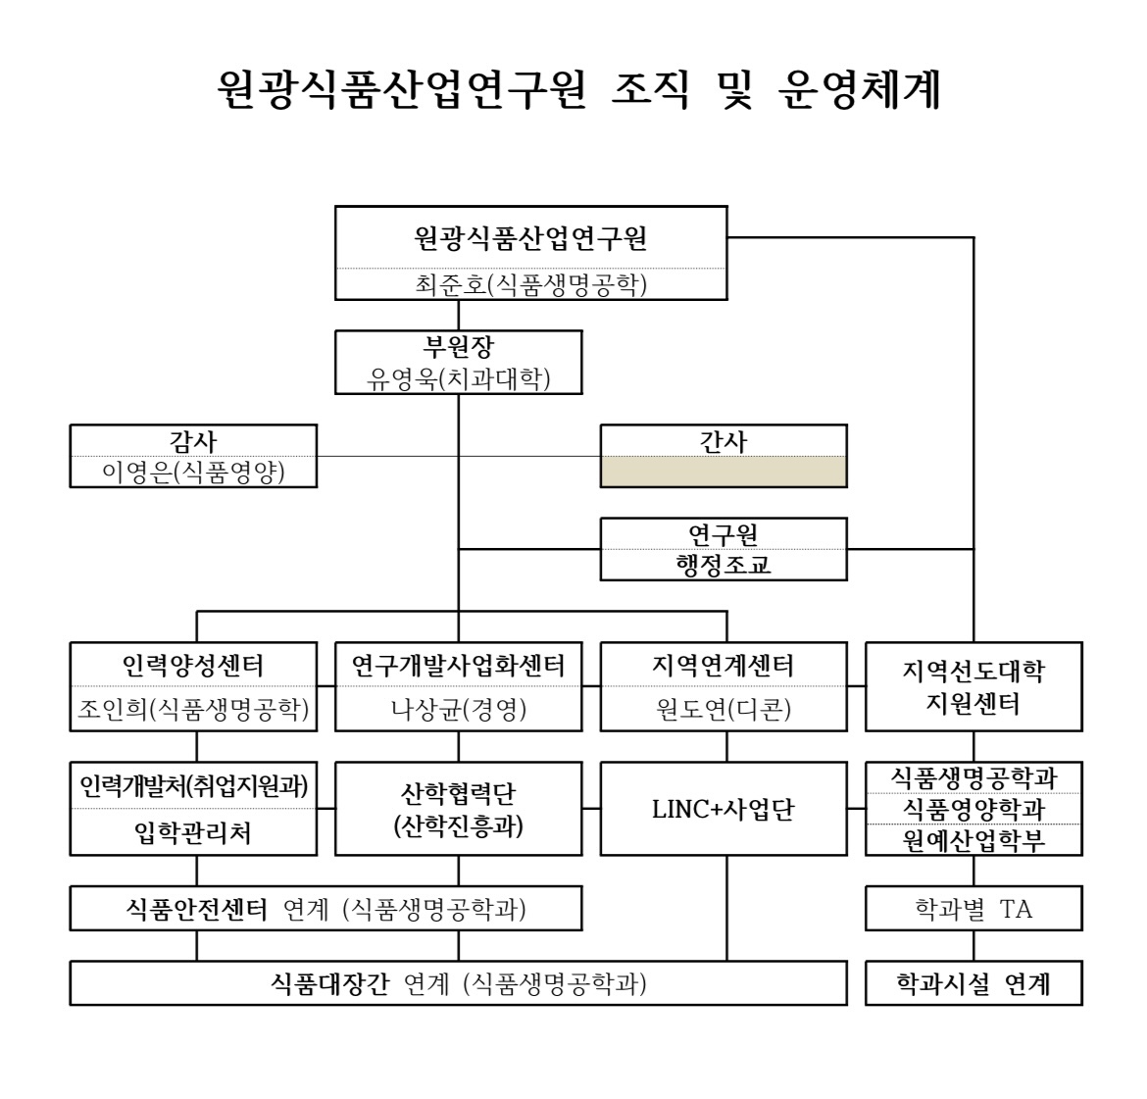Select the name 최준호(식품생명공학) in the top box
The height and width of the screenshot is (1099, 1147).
click(x=531, y=284)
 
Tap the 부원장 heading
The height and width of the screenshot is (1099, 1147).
click(x=459, y=346)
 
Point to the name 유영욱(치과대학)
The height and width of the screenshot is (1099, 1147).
click(x=459, y=378)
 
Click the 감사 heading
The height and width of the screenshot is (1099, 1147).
click(x=193, y=441)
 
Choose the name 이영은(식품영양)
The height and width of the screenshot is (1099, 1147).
click(x=193, y=472)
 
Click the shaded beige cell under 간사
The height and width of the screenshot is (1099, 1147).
click(x=723, y=472)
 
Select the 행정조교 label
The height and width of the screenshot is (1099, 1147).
click(x=723, y=565)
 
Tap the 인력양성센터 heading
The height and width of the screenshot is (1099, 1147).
click(x=193, y=665)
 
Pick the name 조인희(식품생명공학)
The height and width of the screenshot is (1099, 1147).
click(x=193, y=708)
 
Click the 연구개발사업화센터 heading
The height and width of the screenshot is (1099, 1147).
click(x=459, y=665)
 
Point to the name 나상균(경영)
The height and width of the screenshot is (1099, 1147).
click(x=459, y=708)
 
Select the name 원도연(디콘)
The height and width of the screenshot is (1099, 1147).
click(x=723, y=708)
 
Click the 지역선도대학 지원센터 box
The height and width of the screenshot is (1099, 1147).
click(x=973, y=686)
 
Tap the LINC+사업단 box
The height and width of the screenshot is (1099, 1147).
click(x=723, y=809)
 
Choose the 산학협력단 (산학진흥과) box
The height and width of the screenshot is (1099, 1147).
click(x=459, y=809)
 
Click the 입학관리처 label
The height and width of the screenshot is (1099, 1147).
click(x=193, y=832)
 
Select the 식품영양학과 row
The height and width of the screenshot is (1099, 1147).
click(x=973, y=809)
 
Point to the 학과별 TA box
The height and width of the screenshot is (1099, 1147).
click(x=973, y=908)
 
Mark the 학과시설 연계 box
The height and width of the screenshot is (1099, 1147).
click(x=973, y=983)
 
